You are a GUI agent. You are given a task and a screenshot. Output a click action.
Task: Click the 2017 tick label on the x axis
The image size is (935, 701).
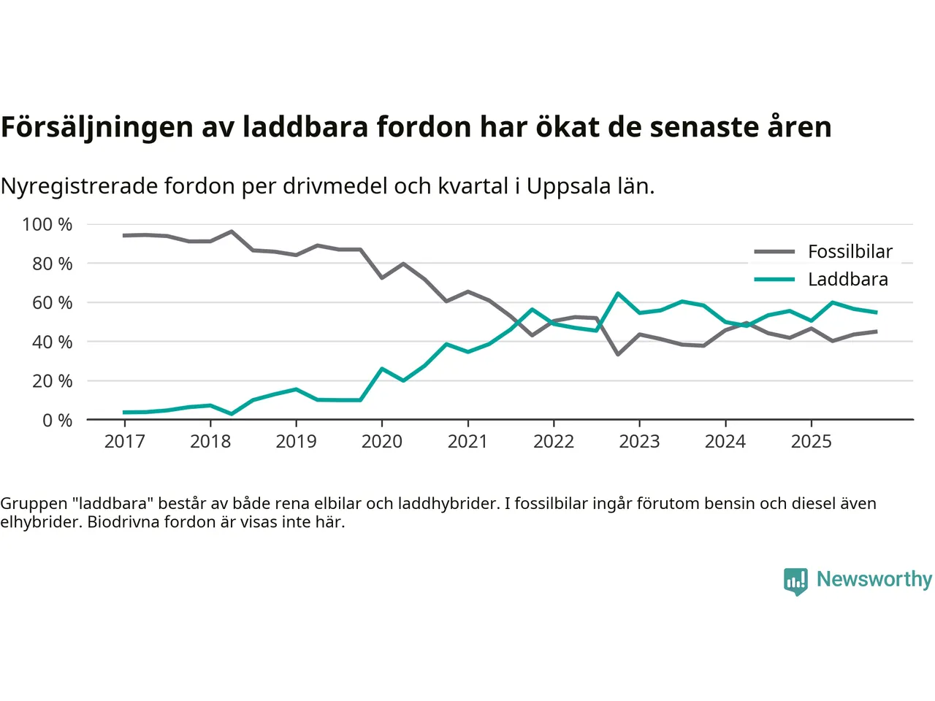[124, 441]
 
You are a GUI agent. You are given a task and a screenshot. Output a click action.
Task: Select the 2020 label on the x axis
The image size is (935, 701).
[381, 441]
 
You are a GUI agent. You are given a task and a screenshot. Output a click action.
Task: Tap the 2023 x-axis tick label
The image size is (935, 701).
[639, 441]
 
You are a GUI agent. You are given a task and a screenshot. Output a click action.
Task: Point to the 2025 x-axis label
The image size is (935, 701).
[811, 441]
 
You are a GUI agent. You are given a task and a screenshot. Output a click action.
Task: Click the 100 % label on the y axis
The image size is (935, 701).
[47, 224]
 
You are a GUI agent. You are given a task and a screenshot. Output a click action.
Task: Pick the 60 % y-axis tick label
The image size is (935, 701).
[52, 302]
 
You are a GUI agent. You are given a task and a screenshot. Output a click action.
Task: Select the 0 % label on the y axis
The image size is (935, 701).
[57, 420]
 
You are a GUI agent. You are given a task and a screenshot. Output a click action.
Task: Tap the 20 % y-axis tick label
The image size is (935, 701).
[52, 380]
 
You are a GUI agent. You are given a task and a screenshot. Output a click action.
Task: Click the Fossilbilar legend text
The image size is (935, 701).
[850, 252]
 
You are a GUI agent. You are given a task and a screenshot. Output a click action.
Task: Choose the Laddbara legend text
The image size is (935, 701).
[848, 280]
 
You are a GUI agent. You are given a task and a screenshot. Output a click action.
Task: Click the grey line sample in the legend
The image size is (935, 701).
[774, 252]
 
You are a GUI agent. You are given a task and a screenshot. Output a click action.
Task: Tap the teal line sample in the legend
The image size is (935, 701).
[774, 280]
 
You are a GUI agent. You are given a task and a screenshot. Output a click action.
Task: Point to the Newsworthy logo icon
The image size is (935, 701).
[795, 581]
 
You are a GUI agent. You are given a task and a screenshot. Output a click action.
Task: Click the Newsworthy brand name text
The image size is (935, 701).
[874, 579]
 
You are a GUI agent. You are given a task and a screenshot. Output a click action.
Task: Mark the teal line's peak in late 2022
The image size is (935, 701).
[618, 294]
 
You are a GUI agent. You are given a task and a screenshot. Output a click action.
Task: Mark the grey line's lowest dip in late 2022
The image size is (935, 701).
[618, 354]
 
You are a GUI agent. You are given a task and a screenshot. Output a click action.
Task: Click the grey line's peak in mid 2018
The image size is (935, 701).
[232, 231]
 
